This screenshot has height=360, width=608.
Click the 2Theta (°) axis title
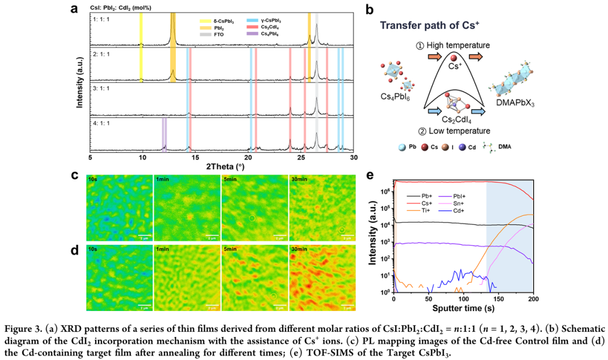click(x=221, y=166)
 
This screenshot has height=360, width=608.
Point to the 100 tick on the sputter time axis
click(x=463, y=298)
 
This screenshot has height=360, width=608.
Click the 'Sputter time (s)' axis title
click(x=463, y=308)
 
